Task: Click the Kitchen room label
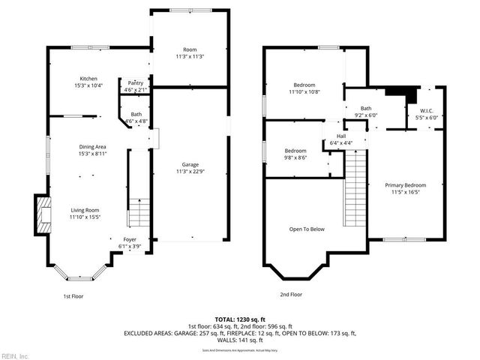89,79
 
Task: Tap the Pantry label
136,83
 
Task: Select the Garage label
189,164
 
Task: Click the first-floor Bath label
136,114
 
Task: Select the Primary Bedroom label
406,185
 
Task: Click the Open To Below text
307,229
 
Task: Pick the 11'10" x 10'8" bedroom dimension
304,92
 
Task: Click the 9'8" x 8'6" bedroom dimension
295,157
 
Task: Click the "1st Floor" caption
73,295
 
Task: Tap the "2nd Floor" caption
292,295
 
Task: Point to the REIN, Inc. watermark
15,355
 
